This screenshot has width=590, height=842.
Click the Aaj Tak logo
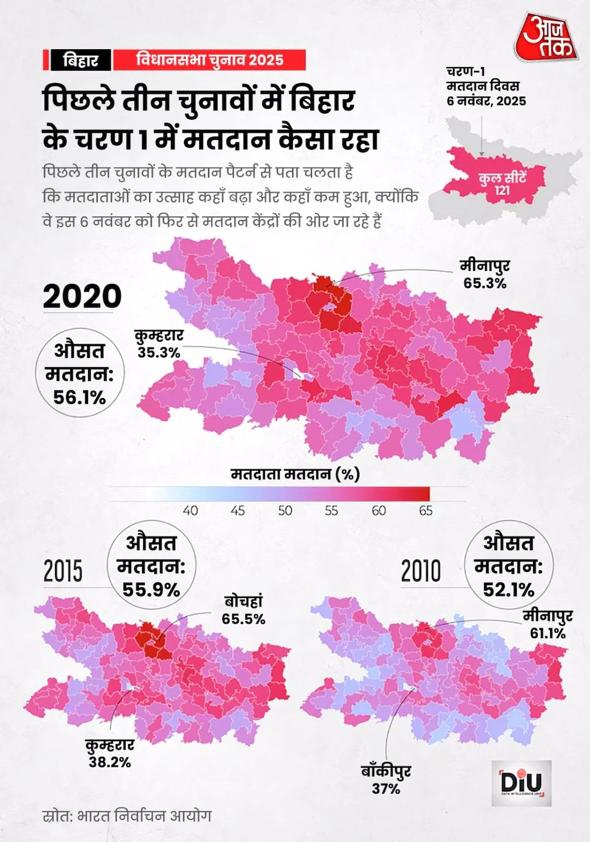pyautogui.click(x=545, y=37)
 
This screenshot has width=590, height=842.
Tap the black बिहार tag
pyautogui.click(x=80, y=60)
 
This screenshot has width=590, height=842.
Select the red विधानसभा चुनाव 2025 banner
pyautogui.click(x=209, y=60)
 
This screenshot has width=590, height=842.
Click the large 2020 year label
pyautogui.click(x=82, y=296)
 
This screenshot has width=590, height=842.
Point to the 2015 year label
pyautogui.click(x=63, y=571)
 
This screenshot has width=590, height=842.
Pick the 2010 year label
pyautogui.click(x=421, y=571)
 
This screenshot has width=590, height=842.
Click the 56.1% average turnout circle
pyautogui.click(x=80, y=373)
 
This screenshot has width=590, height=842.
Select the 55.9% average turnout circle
pyautogui.click(x=151, y=566)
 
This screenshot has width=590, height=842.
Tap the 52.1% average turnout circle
pyautogui.click(x=509, y=566)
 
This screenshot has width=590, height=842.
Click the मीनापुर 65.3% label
pyautogui.click(x=485, y=274)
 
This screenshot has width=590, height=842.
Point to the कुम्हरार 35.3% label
pyautogui.click(x=159, y=344)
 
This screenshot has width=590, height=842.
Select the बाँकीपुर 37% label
pyautogui.click(x=386, y=780)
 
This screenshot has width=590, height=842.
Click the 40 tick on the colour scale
pyautogui.click(x=190, y=511)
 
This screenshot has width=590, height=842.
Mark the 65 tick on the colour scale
pyautogui.click(x=426, y=511)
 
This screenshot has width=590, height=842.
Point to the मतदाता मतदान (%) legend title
pyautogui.click(x=295, y=474)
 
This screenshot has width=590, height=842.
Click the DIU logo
pyautogui.click(x=521, y=782)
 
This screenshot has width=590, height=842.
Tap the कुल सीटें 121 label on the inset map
pyautogui.click(x=502, y=184)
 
